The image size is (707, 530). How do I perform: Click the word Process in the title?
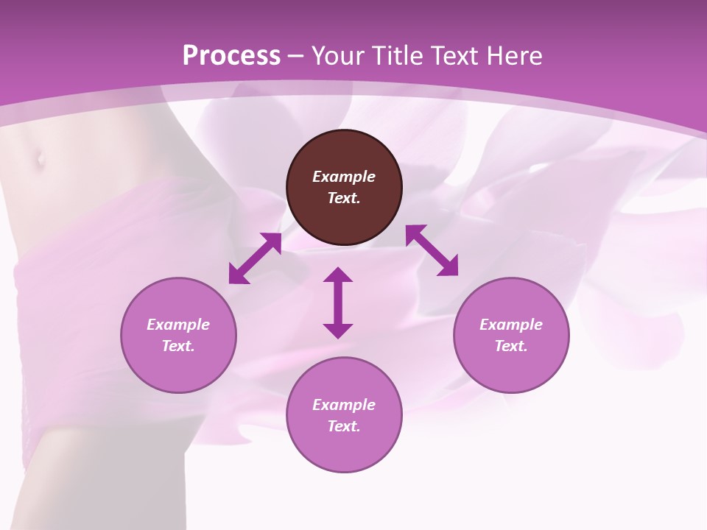pos(231,56)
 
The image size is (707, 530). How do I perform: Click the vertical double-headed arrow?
pos(338,303)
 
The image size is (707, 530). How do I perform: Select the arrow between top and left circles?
pos(255,258)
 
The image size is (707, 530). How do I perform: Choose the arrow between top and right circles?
pos(432,250)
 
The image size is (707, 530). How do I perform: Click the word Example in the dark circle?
pos(344,177)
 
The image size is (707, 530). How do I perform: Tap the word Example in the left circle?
pos(178,325)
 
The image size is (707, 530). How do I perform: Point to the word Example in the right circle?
pos(511,325)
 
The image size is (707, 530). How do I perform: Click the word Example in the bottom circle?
pos(344,405)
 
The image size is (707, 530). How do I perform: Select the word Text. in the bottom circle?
pos(344,426)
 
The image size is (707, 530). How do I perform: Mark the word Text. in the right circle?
pos(511,346)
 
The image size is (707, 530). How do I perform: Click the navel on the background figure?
pos(39,157)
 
